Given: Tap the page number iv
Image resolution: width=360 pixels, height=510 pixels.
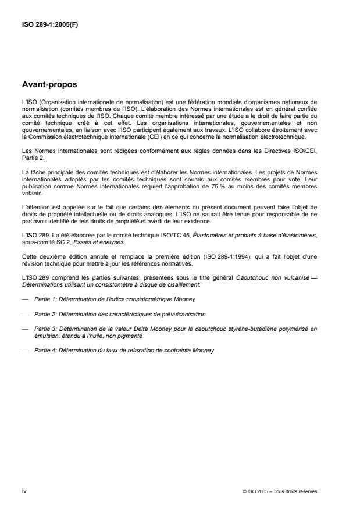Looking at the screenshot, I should pyautogui.click(x=23, y=491).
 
